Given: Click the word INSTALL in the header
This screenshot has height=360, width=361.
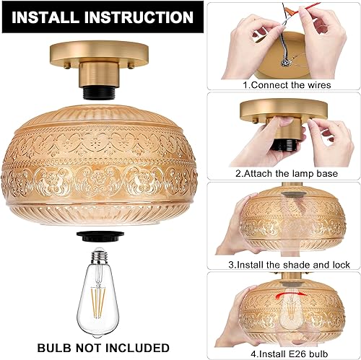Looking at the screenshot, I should point(47,17).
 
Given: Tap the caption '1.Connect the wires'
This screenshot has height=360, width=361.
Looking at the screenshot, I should point(287,84).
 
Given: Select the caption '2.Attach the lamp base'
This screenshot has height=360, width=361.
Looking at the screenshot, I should point(287,173).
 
